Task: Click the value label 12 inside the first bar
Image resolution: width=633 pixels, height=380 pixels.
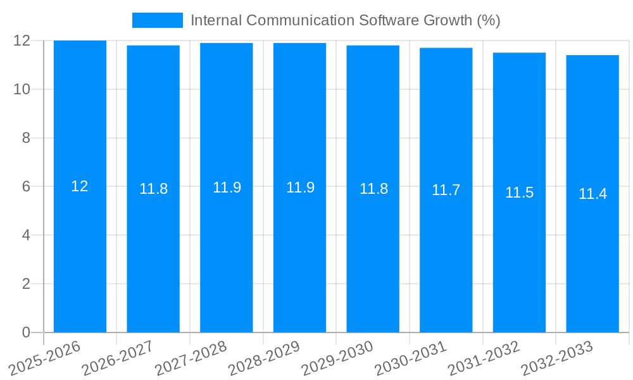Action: pos(80,186)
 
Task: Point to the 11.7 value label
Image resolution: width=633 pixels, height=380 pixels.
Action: pos(446,190)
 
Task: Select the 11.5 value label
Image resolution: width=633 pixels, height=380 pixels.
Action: pos(519,193)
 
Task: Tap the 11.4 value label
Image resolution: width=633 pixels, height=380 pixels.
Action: pos(592,194)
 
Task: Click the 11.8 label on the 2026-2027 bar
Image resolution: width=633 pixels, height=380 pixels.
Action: pos(153,189)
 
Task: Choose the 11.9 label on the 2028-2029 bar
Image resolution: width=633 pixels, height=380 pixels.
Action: pos(300,187)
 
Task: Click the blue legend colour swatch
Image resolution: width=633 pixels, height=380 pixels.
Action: pos(157,20)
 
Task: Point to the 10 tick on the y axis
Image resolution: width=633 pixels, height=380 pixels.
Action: pos(22,89)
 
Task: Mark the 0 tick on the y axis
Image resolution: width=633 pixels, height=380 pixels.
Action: pos(26,332)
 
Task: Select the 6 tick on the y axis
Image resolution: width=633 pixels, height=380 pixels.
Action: pos(26,187)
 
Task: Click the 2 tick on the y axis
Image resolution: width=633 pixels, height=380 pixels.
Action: pos(26,284)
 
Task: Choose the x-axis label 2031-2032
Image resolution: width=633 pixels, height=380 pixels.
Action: pos(484,358)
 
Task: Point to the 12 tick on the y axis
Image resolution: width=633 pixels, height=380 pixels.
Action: pos(22,41)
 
